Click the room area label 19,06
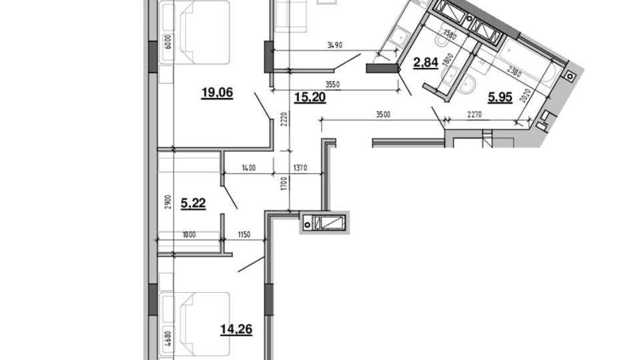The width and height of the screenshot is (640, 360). pos(217,93)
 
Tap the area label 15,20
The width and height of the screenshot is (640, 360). pos(310,98)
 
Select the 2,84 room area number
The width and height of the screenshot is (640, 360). pos(426,63)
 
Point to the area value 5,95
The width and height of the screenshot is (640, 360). pos(500,98)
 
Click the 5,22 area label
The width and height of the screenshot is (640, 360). pos(193,203)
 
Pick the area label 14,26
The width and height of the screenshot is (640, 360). pos(236,329)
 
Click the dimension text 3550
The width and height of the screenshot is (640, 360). pos(332,85)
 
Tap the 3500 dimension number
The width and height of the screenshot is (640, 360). pos(383,115)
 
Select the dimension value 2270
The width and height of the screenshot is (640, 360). pos(474,115)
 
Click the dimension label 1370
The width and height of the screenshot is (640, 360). pos(300,168)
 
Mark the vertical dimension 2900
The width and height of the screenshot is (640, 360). pos(167,202)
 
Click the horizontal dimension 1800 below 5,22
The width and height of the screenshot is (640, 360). pos(189,235)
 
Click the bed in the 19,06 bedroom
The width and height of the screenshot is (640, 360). pos(194,32)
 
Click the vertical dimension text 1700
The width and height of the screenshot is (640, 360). pos(284,184)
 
